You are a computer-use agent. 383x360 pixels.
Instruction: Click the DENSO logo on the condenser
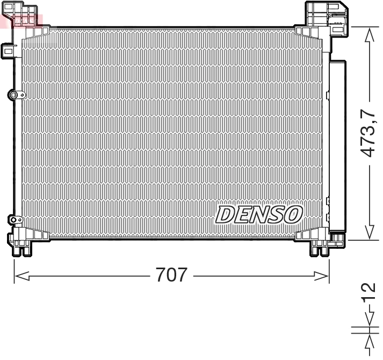(x=259, y=214)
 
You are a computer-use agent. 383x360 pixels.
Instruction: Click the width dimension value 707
(x=171, y=275)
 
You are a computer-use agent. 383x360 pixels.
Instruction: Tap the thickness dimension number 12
(x=368, y=294)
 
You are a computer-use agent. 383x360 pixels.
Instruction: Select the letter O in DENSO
(x=293, y=214)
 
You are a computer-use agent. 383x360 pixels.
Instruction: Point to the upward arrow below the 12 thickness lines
(x=369, y=341)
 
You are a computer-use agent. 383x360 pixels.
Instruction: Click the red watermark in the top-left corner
(x=21, y=20)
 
